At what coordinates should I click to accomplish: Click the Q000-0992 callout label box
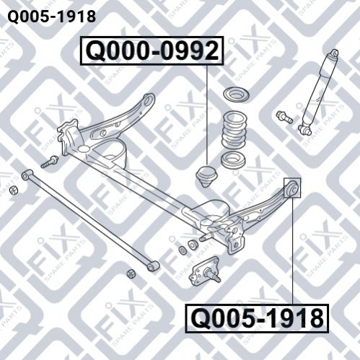(152, 51)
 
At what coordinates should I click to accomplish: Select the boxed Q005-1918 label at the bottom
(257, 318)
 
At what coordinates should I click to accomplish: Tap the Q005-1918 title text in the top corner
(52, 17)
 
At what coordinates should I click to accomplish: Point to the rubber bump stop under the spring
(206, 176)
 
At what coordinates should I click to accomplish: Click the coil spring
(233, 129)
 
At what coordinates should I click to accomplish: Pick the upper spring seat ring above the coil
(236, 94)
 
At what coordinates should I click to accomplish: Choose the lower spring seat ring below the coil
(233, 159)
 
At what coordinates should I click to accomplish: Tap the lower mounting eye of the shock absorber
(305, 129)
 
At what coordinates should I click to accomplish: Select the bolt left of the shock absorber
(284, 117)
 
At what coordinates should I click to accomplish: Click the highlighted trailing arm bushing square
(292, 188)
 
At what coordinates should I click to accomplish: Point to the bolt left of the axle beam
(49, 162)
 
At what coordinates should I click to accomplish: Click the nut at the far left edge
(14, 190)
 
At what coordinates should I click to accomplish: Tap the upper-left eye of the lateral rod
(27, 175)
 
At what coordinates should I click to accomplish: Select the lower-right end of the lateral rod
(153, 266)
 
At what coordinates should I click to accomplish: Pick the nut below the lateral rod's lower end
(131, 274)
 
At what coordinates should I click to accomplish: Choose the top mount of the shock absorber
(333, 53)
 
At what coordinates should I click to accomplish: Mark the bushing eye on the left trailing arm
(149, 99)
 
